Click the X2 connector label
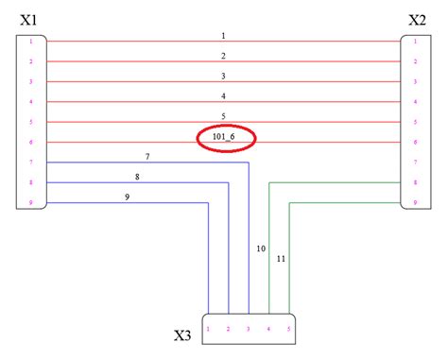pos(416,18)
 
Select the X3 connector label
pos(184,335)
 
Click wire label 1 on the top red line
pos(224,35)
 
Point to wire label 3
pos(224,76)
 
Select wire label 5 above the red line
pos(224,116)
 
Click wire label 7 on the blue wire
pos(147,156)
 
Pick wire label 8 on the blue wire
pos(137,177)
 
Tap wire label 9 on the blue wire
pos(127,197)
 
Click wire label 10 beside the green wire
pos(261,249)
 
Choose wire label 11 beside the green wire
pos(281,258)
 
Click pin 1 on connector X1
pos(31,42)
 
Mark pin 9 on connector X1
pos(31,202)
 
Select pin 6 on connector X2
pos(417,142)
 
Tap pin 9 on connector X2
pos(417,202)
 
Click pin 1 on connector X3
pos(209,329)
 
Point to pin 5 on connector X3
pos(288,329)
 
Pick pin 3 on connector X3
pos(249,329)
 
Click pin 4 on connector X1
pos(31,102)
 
